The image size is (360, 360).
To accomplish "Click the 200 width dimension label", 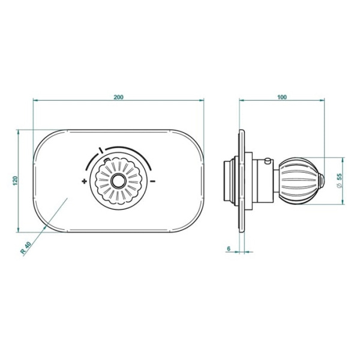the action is pyautogui.click(x=118, y=97).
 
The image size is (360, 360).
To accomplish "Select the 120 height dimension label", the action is pyautogui.click(x=15, y=181).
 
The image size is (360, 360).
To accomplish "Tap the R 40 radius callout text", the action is pyautogui.click(x=26, y=247).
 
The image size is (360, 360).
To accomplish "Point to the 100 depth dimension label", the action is pyautogui.click(x=282, y=97).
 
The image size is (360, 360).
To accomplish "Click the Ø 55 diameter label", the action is pyautogui.click(x=339, y=181).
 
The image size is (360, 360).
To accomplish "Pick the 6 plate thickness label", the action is pyautogui.click(x=229, y=248).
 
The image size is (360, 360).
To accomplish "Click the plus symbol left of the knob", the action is pyautogui.click(x=85, y=181).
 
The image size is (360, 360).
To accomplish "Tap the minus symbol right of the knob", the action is pyautogui.click(x=152, y=181).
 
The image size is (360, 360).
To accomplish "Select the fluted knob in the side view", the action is pyautogui.click(x=298, y=181).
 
